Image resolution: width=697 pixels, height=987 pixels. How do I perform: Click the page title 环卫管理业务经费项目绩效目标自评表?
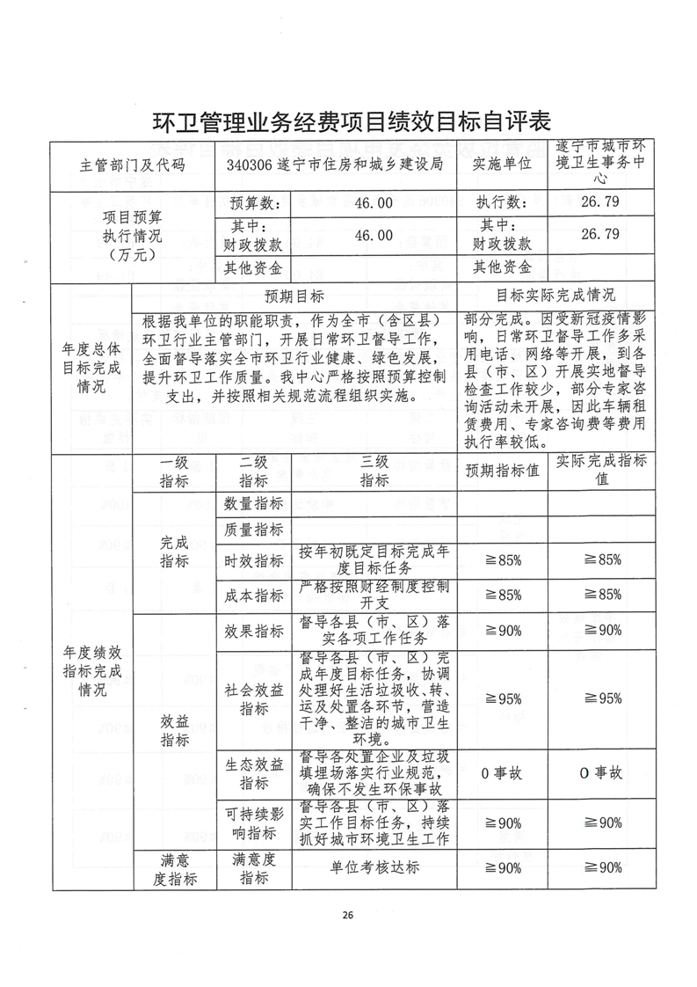348,121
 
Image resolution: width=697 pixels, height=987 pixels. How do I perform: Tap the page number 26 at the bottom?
348,916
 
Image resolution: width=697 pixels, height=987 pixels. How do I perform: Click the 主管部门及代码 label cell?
133,164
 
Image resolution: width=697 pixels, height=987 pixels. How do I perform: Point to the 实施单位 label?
502,164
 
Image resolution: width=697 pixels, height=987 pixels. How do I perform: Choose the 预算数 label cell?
254,203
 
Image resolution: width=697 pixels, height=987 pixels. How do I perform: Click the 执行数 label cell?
502,202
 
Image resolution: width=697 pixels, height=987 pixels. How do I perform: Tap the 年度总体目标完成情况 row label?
91,367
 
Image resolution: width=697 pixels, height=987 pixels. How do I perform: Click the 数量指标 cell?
254,503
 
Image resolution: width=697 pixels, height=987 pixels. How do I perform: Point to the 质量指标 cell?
254,530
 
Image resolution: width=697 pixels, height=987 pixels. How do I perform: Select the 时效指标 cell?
254,561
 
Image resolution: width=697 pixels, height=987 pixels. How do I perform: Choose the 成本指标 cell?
254,596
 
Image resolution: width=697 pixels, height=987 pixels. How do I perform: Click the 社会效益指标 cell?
254,699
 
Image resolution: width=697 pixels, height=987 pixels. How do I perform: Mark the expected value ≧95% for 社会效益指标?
504,699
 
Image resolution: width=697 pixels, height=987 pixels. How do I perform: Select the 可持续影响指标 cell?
254,823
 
